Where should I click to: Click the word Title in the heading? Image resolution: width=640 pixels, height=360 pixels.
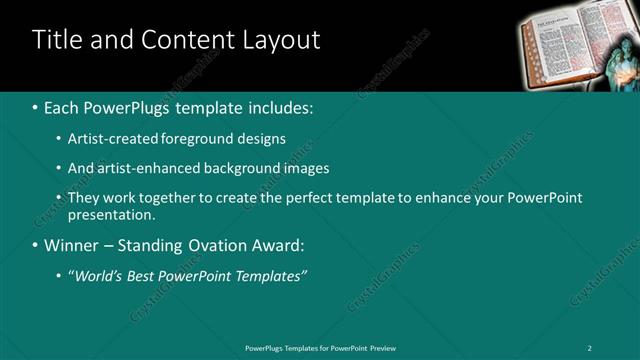coord(57,40)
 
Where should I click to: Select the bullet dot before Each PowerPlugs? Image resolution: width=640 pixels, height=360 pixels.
coord(35,106)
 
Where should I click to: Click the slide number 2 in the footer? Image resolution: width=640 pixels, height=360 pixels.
coord(591,347)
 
